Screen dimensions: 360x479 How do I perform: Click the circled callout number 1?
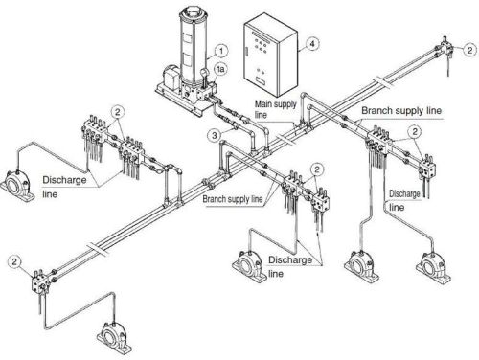pos(220,50)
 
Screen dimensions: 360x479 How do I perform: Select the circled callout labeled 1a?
pos(220,70)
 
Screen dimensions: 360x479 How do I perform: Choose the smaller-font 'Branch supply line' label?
pos(232,200)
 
